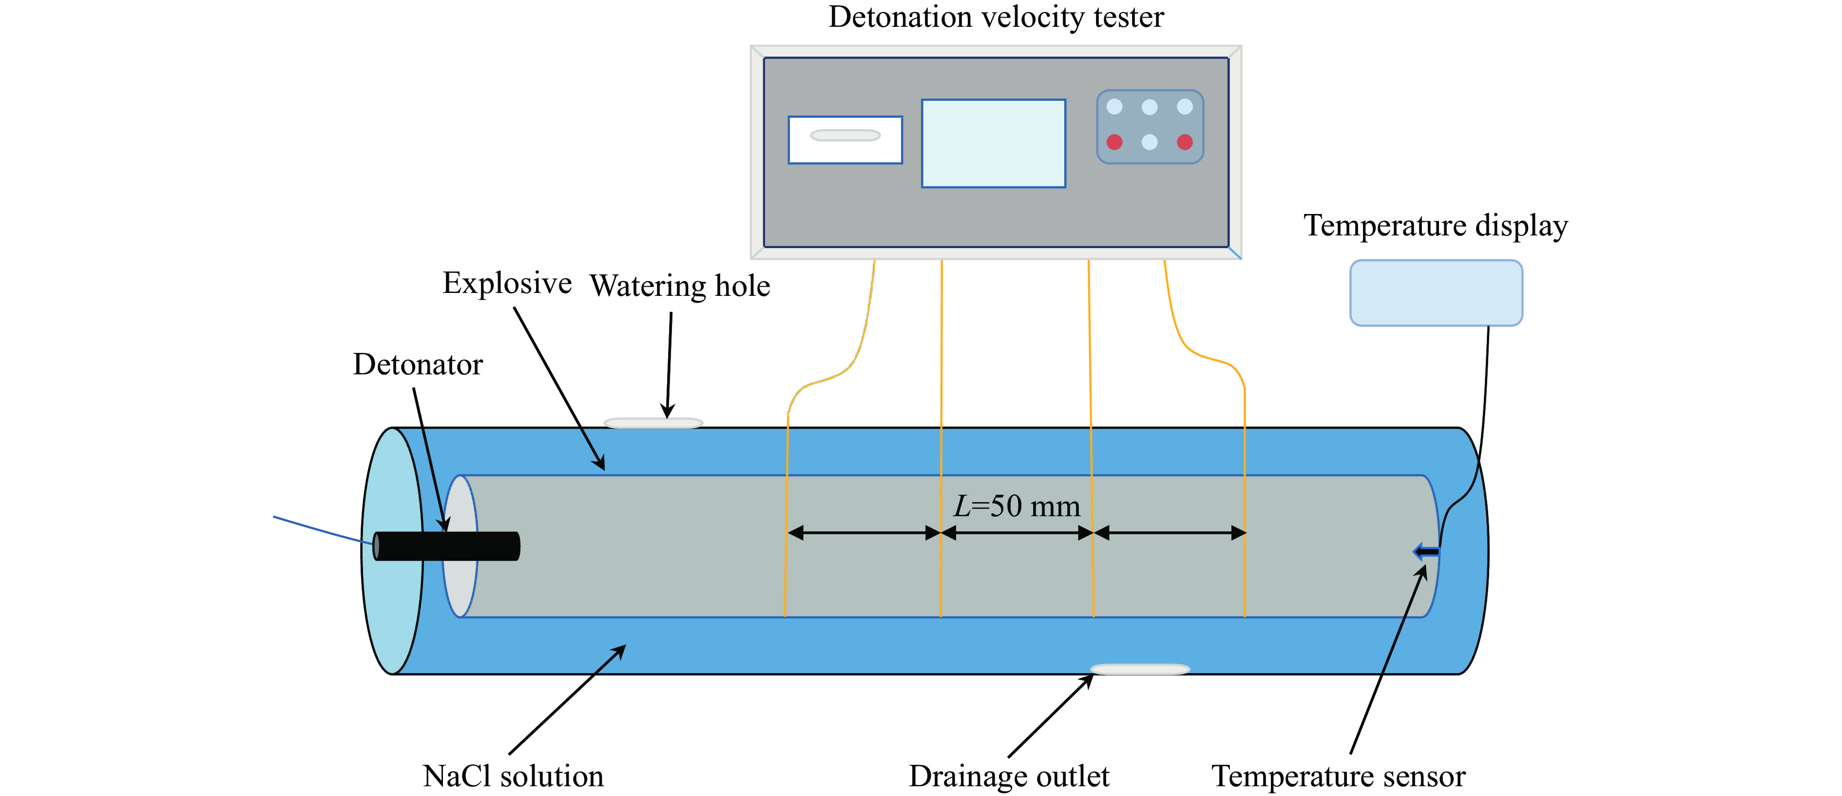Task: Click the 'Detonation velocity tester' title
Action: click(x=996, y=17)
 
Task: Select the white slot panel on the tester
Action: click(x=844, y=139)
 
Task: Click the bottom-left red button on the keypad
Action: click(x=1114, y=142)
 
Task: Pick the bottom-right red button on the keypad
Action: click(x=1184, y=142)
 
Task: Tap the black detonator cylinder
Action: click(x=447, y=545)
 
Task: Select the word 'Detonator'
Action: click(x=418, y=365)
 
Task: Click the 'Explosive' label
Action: click(x=507, y=283)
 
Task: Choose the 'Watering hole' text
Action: click(x=679, y=286)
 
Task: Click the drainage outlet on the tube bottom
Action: click(x=1140, y=669)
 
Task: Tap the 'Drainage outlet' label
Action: click(x=1008, y=776)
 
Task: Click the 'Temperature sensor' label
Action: click(x=1338, y=776)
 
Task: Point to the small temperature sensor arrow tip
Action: click(x=1426, y=551)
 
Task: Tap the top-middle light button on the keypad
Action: click(x=1149, y=107)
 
